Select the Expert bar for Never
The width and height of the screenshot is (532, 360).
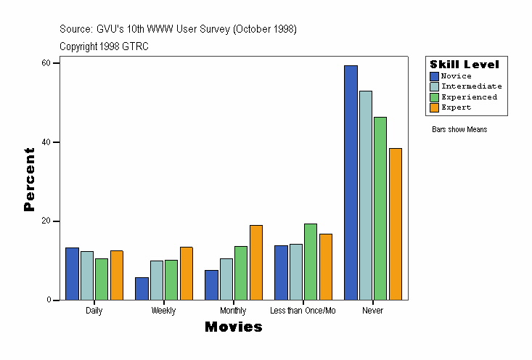pos(396,224)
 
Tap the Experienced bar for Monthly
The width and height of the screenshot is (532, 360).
pos(241,273)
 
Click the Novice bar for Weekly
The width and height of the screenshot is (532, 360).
pos(142,289)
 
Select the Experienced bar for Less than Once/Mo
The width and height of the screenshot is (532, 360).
pos(311,262)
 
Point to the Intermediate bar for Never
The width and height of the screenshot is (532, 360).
pos(366,195)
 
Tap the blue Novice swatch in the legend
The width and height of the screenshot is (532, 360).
pos(434,76)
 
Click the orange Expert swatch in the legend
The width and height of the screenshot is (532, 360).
pos(434,107)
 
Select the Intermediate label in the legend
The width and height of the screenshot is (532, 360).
pos(472,86)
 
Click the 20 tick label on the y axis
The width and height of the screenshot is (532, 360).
pos(46,221)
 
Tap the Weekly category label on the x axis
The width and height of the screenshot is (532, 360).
pos(163,311)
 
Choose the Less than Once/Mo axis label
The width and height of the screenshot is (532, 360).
pos(303,311)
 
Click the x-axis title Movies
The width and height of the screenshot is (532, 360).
pos(233,327)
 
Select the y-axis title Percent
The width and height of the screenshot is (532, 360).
pos(29,179)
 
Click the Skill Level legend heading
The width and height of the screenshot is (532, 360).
pos(465,65)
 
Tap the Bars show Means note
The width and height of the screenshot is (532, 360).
pos(459,130)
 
